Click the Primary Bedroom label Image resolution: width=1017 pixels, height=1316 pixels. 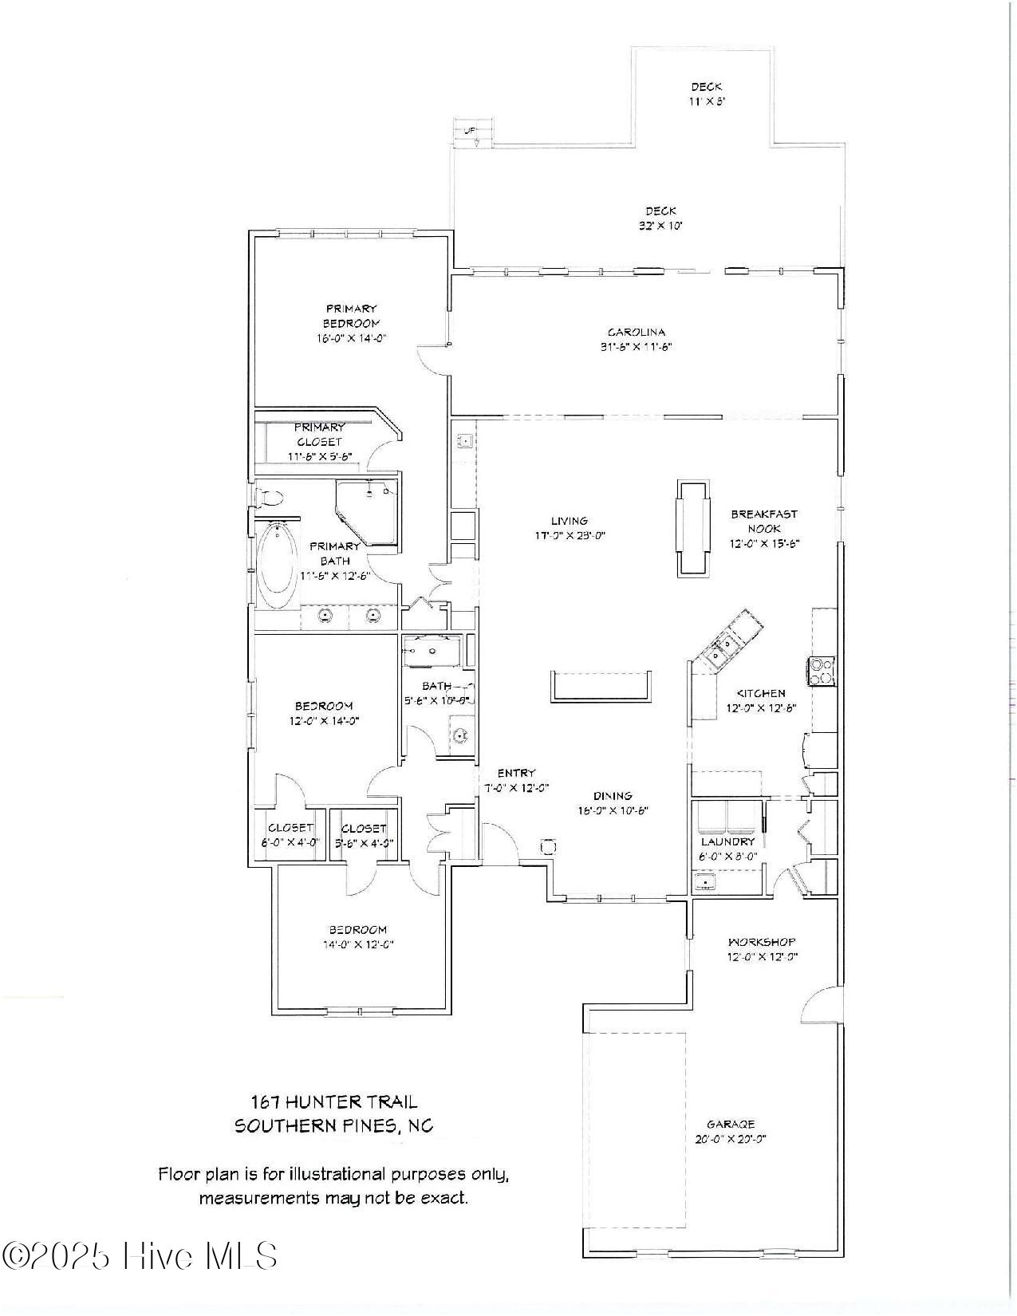coord(350,316)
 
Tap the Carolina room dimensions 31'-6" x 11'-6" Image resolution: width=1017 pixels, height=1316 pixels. coord(637,347)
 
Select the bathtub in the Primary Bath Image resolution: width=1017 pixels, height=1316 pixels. coord(278,565)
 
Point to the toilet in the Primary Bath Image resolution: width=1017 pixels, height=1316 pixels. coord(270,498)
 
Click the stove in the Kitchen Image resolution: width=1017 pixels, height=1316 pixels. coord(822,670)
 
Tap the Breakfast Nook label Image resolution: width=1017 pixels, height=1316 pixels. coord(763,521)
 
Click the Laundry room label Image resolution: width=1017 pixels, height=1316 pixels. coord(727,841)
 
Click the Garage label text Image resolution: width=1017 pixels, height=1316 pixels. coord(730,1124)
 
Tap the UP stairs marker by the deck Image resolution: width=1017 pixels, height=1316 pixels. coord(471,130)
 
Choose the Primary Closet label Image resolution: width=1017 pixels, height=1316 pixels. coord(319,434)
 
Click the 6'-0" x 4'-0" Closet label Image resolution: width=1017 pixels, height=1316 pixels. coord(290,828)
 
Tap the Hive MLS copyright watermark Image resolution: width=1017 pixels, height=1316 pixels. coord(140,1256)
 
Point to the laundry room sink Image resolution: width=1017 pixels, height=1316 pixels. coord(704,882)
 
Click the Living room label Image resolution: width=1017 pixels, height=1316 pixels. coord(569,521)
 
